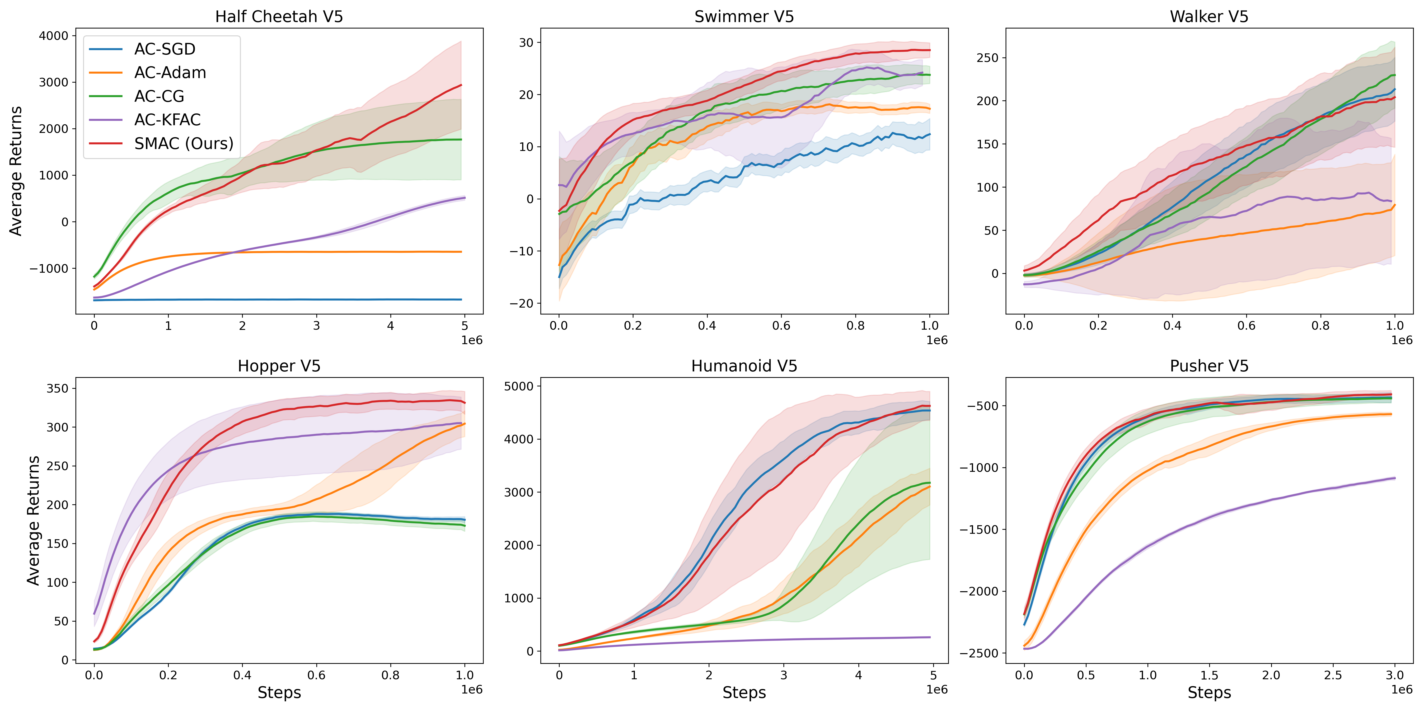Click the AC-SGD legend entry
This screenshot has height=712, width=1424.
164,49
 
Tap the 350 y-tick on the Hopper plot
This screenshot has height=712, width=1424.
57,389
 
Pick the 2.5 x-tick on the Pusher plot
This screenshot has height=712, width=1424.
1333,675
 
